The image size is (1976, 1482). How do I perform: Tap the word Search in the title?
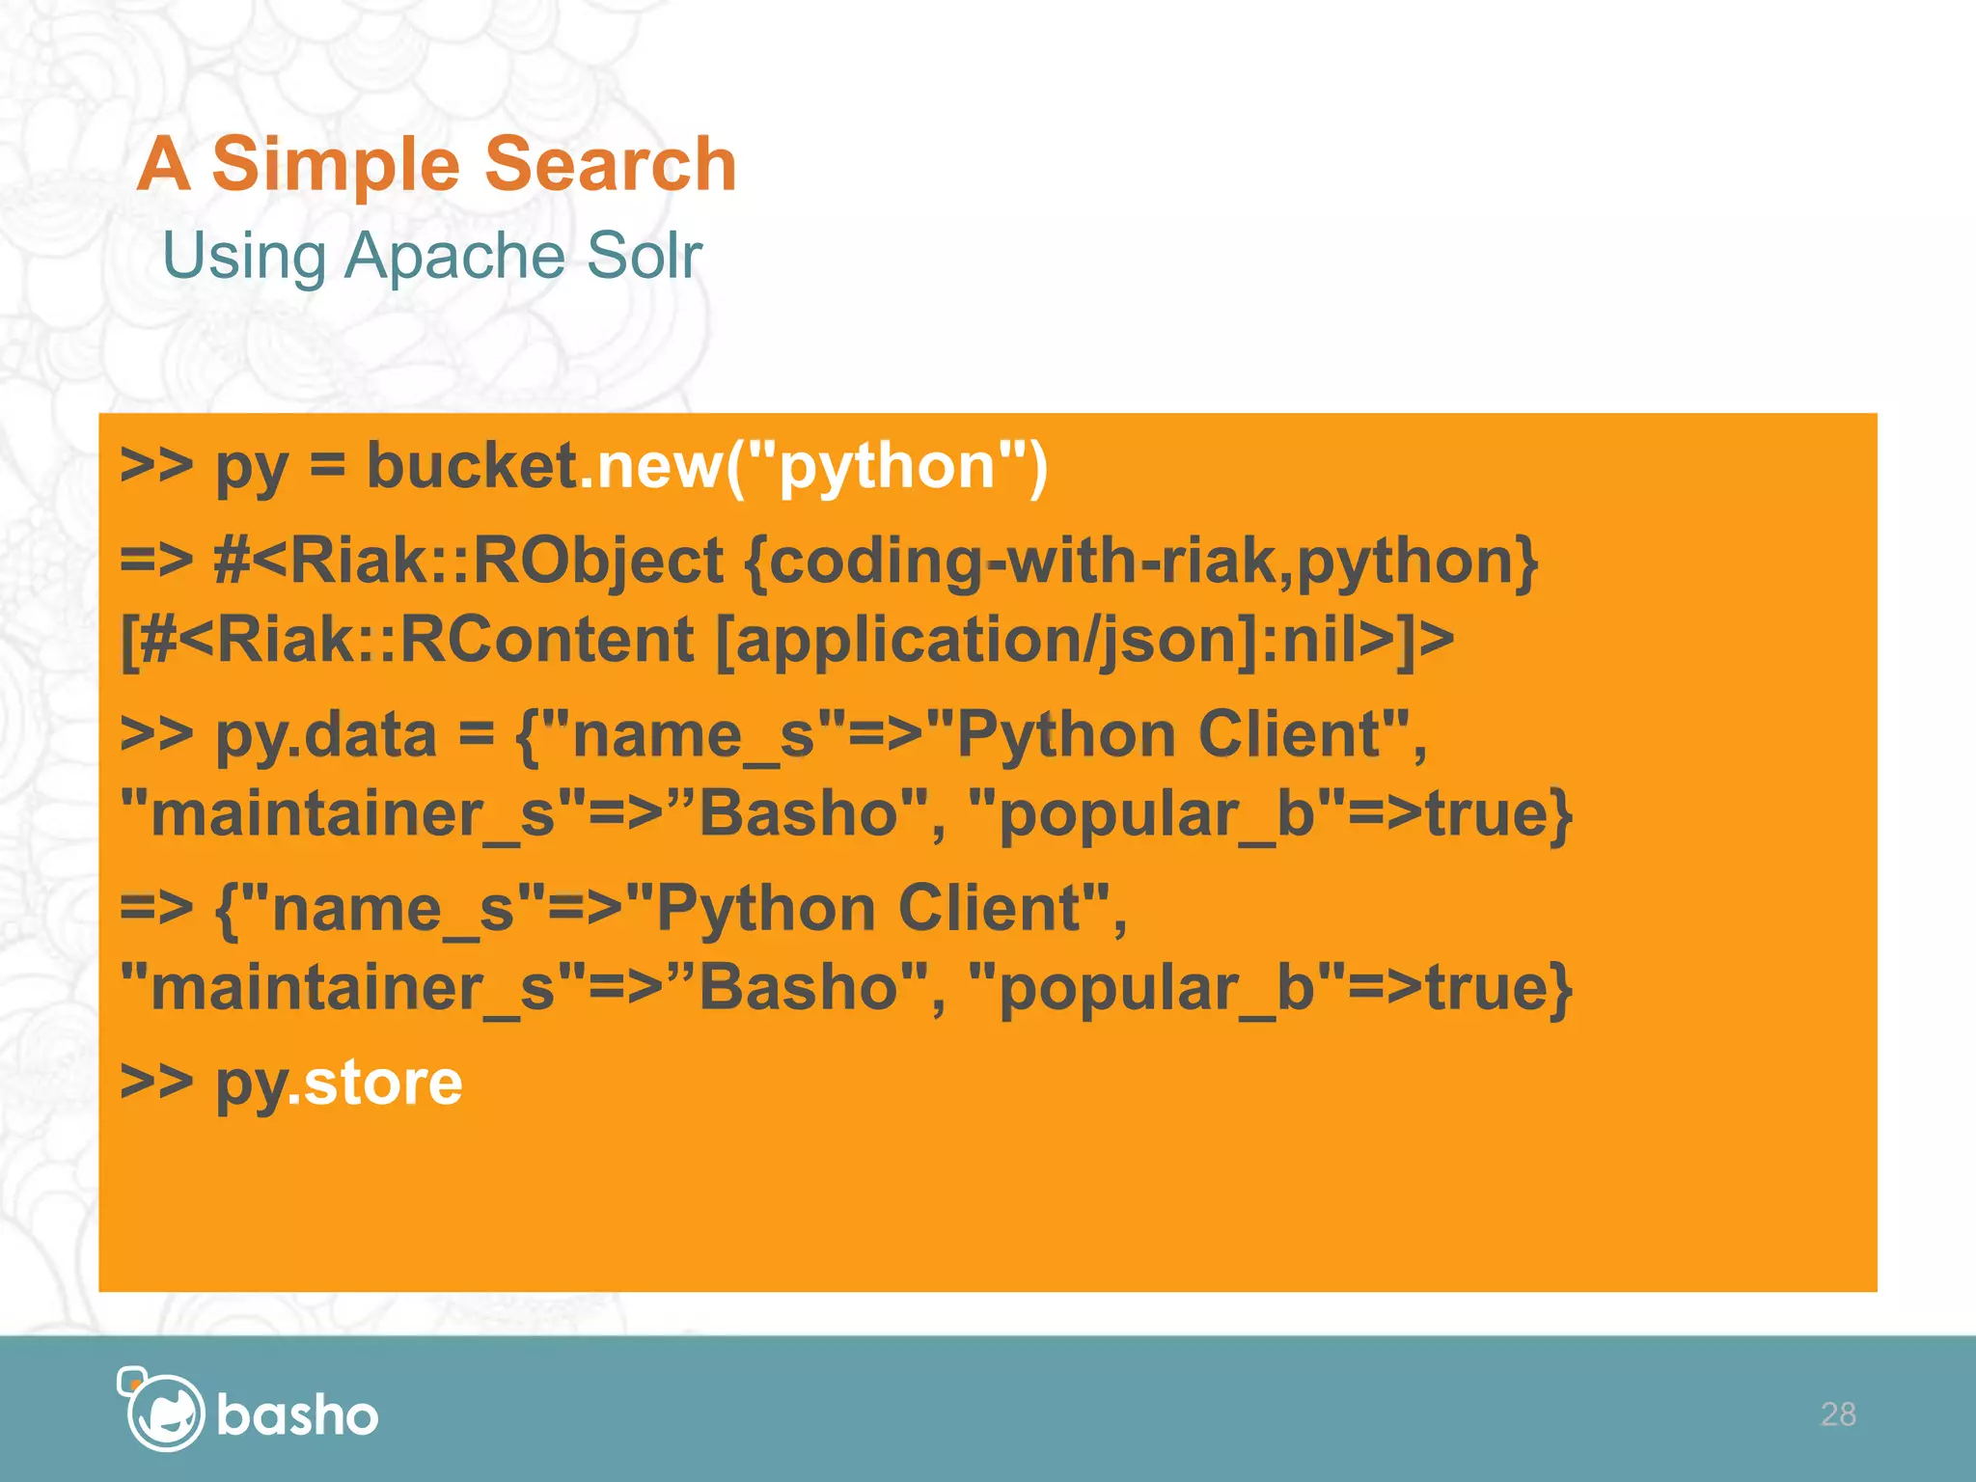(x=610, y=164)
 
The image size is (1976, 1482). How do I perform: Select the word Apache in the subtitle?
(x=454, y=257)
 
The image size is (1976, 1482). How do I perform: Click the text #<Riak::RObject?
(x=468, y=561)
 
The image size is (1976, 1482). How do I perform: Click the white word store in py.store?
(x=382, y=1083)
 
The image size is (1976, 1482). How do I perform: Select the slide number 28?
(x=1837, y=1413)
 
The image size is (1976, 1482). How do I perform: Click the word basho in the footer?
(x=297, y=1415)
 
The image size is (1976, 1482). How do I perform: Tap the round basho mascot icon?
(x=163, y=1412)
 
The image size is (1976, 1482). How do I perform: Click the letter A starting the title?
(x=163, y=164)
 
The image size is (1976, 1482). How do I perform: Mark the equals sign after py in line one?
(x=327, y=466)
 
